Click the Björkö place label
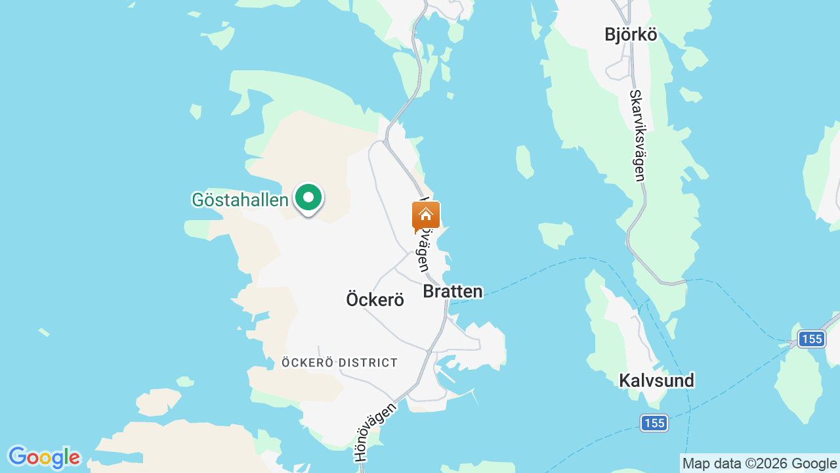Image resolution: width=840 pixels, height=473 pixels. pyautogui.click(x=631, y=35)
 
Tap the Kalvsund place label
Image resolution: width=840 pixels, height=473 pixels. pyautogui.click(x=656, y=380)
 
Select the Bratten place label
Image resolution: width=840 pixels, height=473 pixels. pyautogui.click(x=453, y=291)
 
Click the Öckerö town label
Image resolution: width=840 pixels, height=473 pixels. pyautogui.click(x=375, y=300)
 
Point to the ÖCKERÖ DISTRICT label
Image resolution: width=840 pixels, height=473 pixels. pyautogui.click(x=339, y=363)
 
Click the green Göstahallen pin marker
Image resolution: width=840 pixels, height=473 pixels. pyautogui.click(x=308, y=198)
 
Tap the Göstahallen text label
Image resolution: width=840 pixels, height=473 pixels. pyautogui.click(x=240, y=200)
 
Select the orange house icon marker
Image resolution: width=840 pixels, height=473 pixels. pyautogui.click(x=425, y=215)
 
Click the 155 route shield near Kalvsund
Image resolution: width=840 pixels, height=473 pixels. pyautogui.click(x=654, y=423)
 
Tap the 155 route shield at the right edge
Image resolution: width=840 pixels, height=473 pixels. pyautogui.click(x=811, y=339)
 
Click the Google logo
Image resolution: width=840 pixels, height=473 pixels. pyautogui.click(x=44, y=457)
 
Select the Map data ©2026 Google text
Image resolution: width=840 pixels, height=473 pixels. pyautogui.click(x=759, y=463)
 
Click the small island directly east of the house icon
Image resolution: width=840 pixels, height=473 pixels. pyautogui.click(x=555, y=234)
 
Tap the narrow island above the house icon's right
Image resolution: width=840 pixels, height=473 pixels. pyautogui.click(x=524, y=162)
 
